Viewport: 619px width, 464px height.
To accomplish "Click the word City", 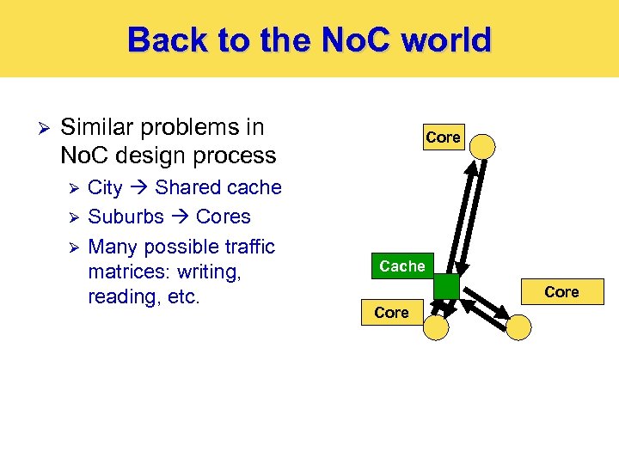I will tap(105, 187).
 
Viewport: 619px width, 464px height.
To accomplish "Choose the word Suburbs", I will tap(126, 217).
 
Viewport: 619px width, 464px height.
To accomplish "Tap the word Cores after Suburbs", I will tap(223, 217).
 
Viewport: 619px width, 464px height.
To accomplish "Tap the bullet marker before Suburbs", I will tap(75, 217).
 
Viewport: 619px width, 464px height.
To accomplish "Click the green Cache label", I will tap(402, 266).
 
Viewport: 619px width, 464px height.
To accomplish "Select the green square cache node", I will tap(446, 287).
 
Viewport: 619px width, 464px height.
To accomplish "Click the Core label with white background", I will tap(561, 292).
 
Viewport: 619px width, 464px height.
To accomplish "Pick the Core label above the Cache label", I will tap(443, 137).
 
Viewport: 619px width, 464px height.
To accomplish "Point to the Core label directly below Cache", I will tap(392, 313).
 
